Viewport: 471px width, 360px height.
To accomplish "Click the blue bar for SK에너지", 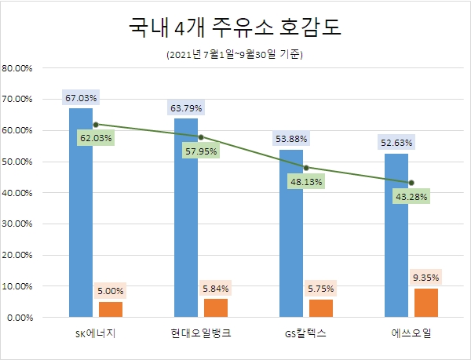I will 81,212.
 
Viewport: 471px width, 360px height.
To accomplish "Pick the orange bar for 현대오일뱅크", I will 216,308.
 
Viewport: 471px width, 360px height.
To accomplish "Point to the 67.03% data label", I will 81,98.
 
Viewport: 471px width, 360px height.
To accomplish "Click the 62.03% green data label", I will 96,138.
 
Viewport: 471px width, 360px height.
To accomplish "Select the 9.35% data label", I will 426,277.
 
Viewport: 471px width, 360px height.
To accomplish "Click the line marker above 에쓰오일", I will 411,183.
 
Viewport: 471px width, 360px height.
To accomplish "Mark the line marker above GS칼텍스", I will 306,167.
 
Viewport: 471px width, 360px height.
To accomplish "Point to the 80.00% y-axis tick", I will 16,68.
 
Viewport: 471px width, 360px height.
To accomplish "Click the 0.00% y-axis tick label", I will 19,318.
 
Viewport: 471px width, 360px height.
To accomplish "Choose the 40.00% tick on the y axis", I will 16,193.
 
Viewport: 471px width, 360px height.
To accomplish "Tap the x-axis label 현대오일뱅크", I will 200,335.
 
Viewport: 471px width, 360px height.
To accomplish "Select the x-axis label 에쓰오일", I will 411,335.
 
